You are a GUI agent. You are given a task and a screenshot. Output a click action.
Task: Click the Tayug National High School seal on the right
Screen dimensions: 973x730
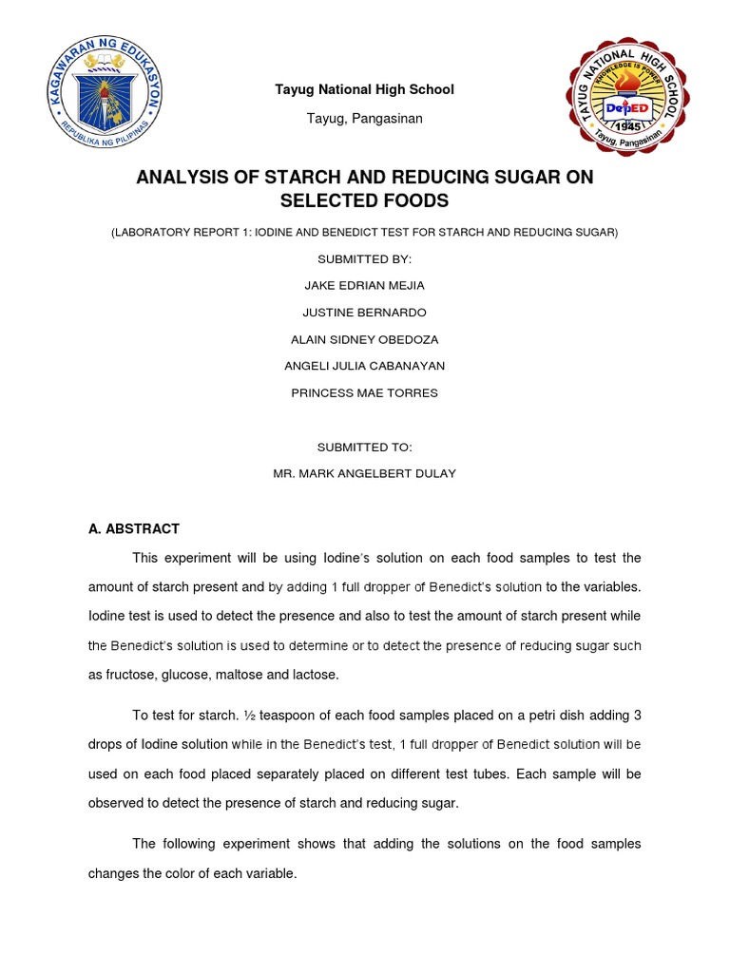tap(627, 99)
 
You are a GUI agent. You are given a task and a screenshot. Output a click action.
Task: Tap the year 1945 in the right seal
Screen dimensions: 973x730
tap(627, 126)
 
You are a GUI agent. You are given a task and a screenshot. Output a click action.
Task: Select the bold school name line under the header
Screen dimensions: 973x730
tap(365, 89)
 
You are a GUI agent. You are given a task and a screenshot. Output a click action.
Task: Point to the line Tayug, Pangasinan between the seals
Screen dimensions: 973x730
tap(365, 119)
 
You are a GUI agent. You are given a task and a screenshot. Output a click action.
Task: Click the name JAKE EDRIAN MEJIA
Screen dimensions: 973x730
tap(364, 285)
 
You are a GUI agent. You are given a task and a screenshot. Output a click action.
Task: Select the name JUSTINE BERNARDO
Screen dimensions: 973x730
tap(364, 312)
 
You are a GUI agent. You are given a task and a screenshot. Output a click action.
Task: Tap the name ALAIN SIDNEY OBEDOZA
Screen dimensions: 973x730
tap(364, 339)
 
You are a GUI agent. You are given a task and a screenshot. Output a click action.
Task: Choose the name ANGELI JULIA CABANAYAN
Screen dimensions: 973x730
tap(364, 366)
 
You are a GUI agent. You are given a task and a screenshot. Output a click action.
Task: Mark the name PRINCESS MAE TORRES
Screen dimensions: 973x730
tap(364, 392)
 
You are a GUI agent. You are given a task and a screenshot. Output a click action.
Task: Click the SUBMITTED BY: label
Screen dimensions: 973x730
tap(364, 258)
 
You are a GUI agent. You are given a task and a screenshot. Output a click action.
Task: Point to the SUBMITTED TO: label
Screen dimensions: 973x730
tap(364, 447)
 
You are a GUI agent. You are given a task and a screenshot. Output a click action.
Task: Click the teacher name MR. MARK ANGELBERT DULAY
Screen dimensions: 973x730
tap(364, 473)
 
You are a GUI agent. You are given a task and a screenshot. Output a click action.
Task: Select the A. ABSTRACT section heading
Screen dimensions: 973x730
tap(134, 528)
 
